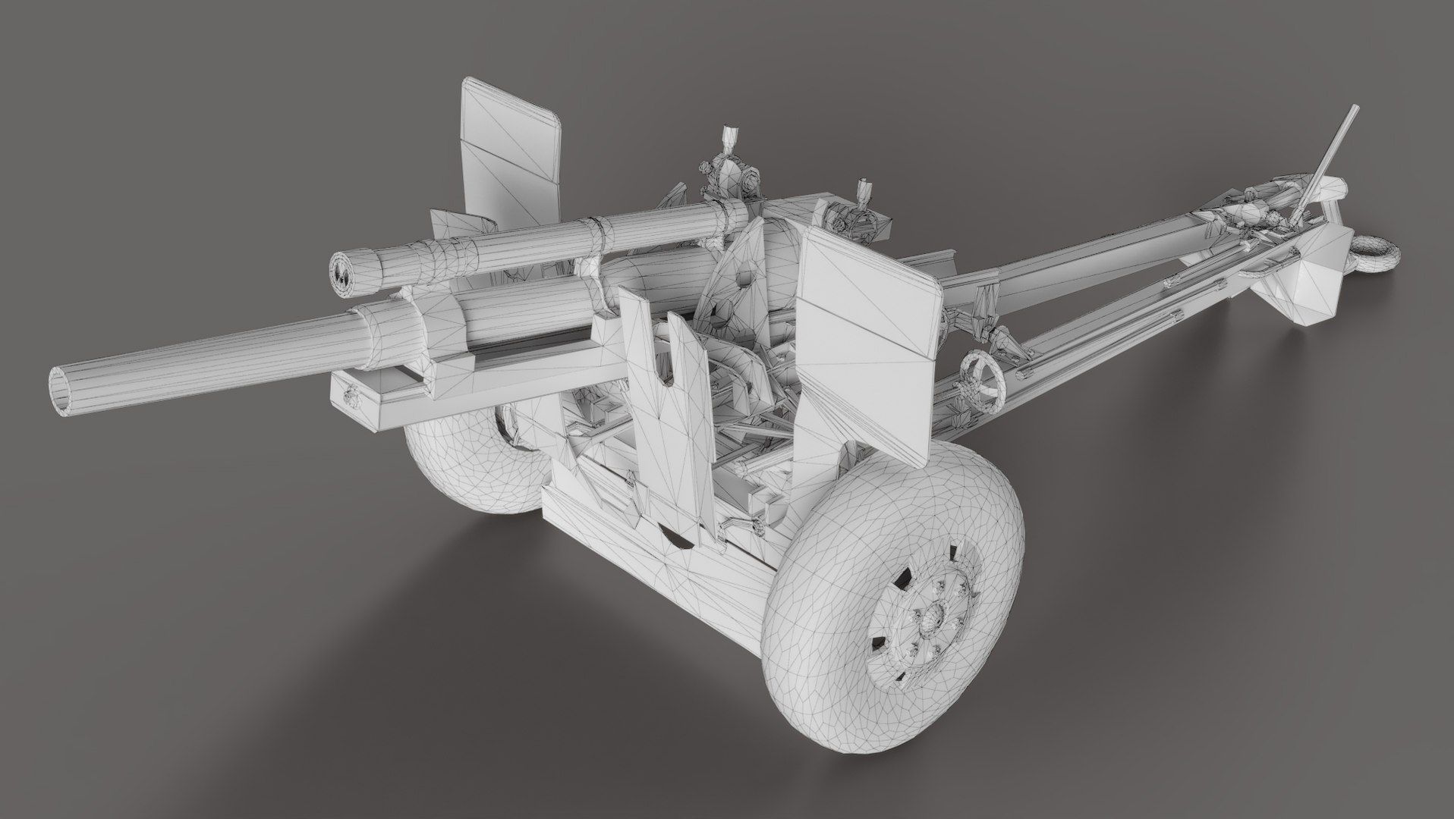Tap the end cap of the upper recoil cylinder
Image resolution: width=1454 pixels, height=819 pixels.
[346, 274]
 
